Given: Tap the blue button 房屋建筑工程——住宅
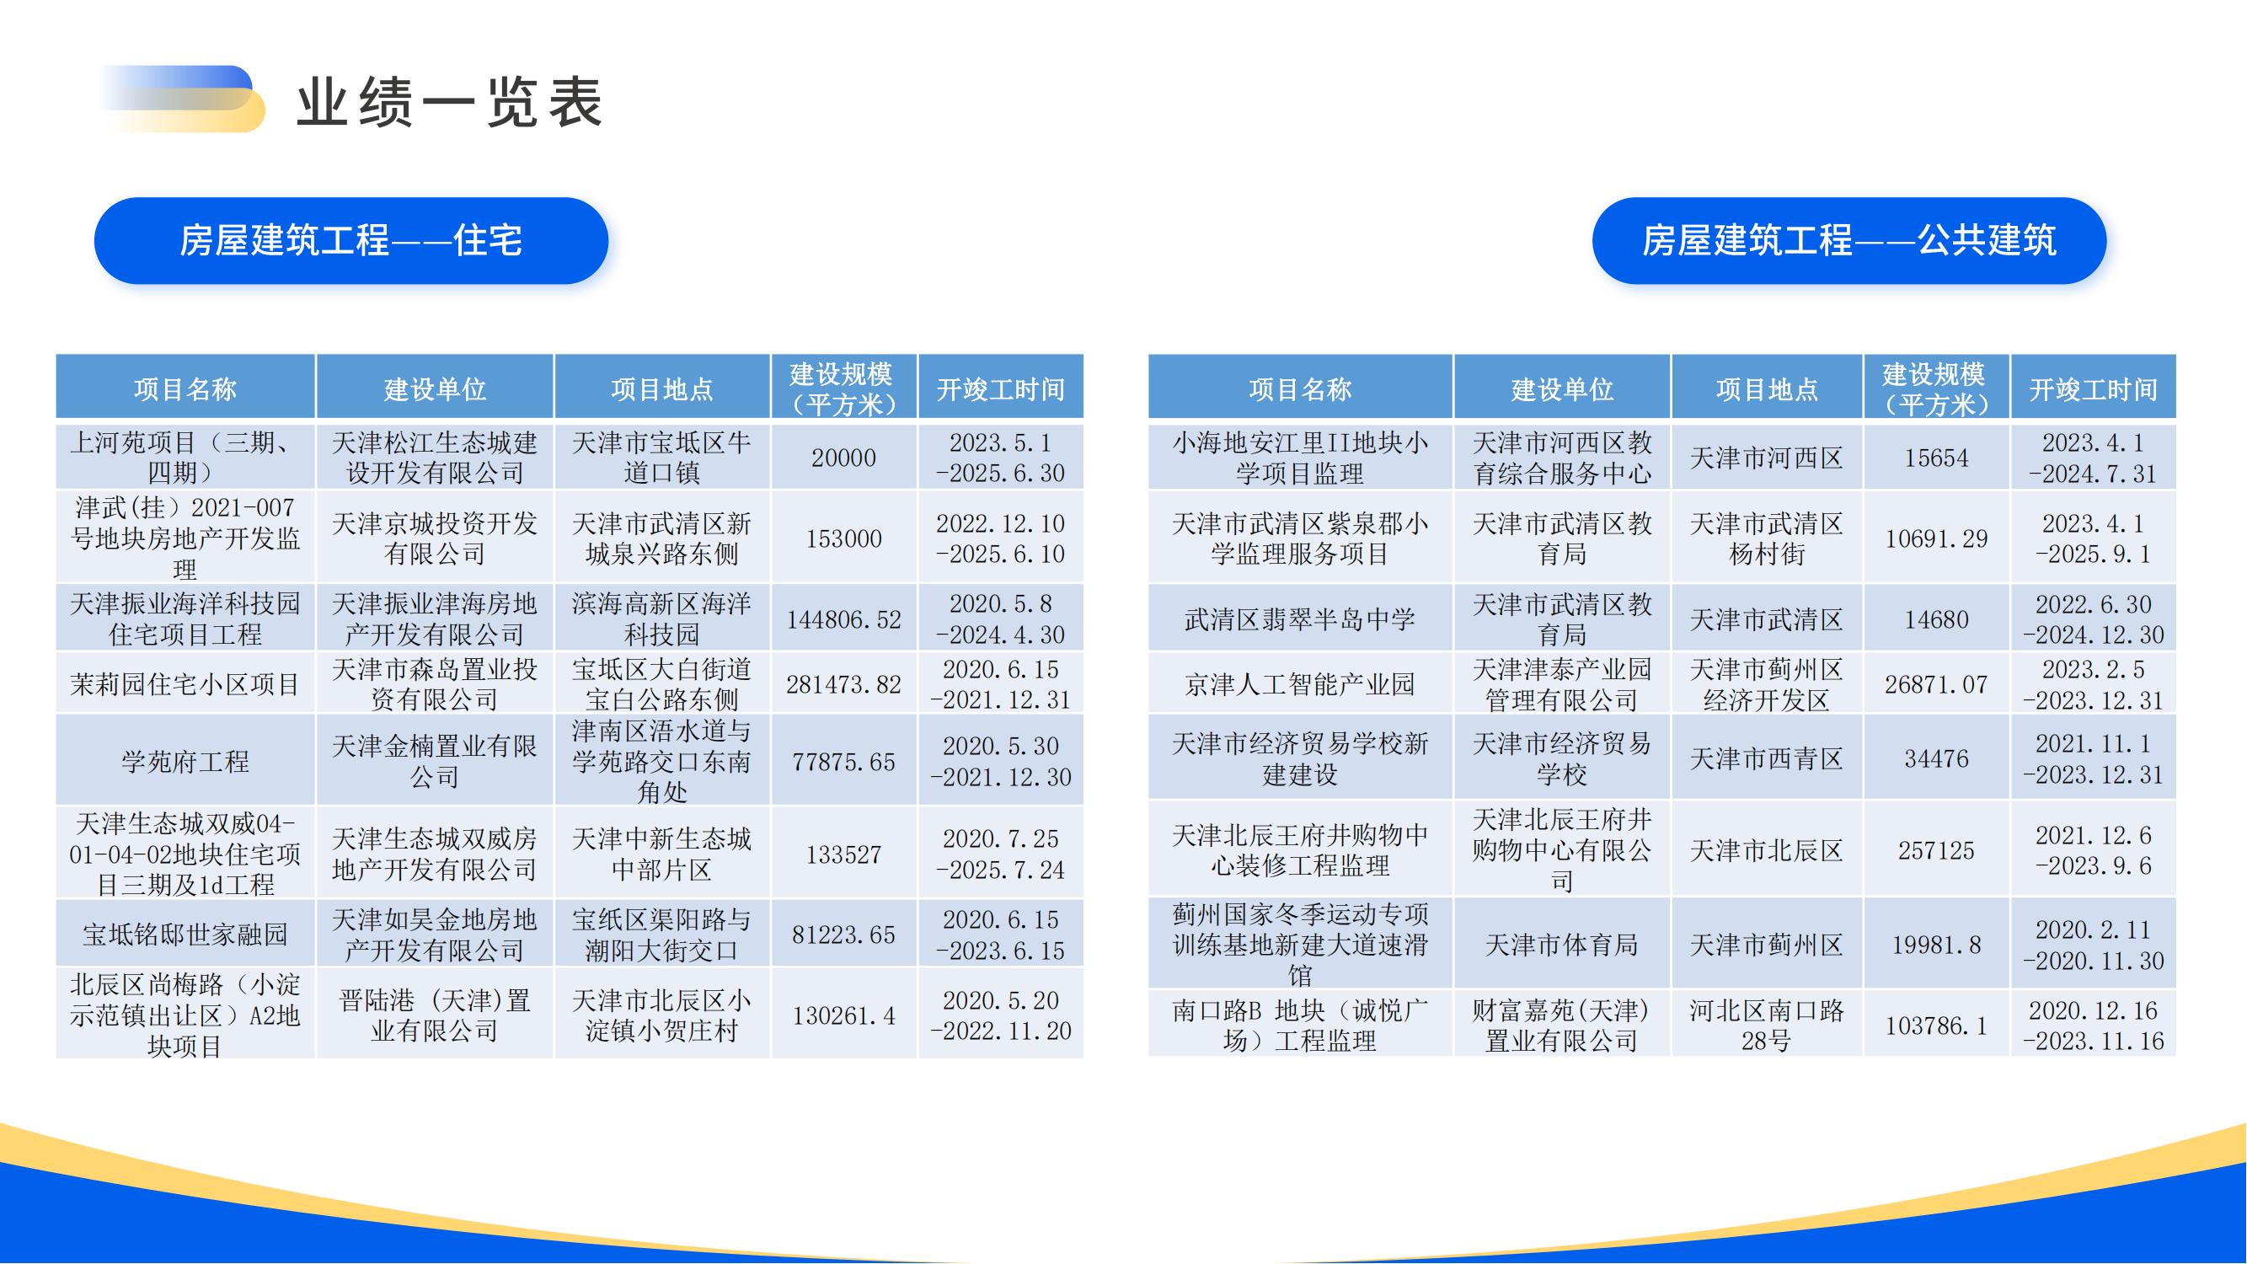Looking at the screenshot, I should tap(350, 241).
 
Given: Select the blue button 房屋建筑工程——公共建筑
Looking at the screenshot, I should tap(1848, 241).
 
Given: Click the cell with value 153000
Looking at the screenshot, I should tap(843, 538).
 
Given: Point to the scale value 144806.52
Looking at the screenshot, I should tap(843, 619).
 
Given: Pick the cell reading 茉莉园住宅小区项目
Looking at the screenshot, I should tap(185, 684).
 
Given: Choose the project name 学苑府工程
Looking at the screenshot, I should tap(185, 761).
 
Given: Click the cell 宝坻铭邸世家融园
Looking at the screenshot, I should tap(185, 935).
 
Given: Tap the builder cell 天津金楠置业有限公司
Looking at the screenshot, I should tap(435, 761).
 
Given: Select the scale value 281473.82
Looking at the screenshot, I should tap(843, 684).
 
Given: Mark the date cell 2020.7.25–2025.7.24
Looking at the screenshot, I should tap(1001, 854).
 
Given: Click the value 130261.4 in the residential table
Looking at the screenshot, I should tap(843, 1015).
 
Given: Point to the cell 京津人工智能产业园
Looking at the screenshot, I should tap(1300, 684).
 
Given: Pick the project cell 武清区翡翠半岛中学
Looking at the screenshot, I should tap(1300, 619).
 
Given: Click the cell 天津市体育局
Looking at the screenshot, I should tap(1561, 945).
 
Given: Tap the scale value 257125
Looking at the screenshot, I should tap(1935, 849).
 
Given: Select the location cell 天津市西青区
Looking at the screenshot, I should tap(1767, 759).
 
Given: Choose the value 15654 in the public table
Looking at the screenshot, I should tap(1935, 458).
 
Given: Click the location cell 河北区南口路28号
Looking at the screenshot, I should tap(1767, 1025).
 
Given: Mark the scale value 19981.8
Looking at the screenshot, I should tap(1935, 945).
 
